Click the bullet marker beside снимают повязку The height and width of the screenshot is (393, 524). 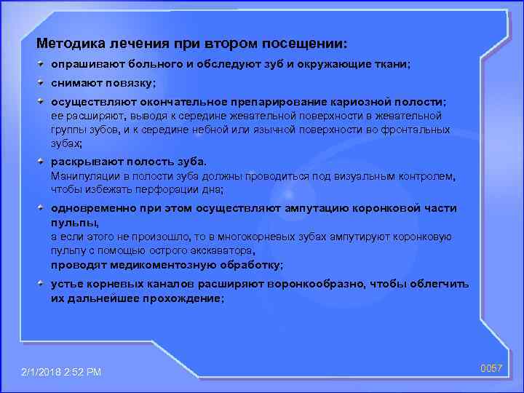(x=43, y=82)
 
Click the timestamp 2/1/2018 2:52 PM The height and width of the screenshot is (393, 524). (x=62, y=372)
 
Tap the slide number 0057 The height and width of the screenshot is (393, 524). (x=491, y=369)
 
